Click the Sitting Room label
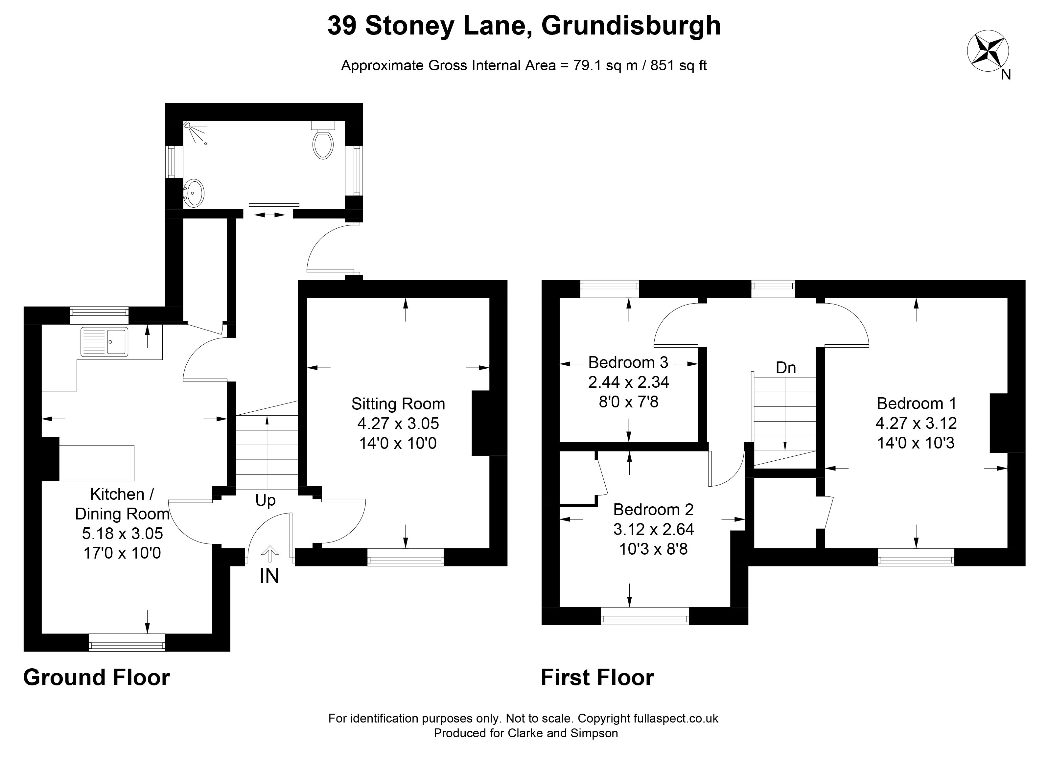pyautogui.click(x=398, y=404)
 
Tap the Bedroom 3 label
pyautogui.click(x=628, y=363)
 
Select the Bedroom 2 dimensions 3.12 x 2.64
pyautogui.click(x=653, y=529)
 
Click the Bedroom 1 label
pyautogui.click(x=916, y=404)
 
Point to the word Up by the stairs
pyautogui.click(x=265, y=501)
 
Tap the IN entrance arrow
pyautogui.click(x=270, y=554)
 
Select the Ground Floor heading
pyautogui.click(x=97, y=678)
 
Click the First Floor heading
pyautogui.click(x=597, y=678)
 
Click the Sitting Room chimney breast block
pyautogui.click(x=480, y=423)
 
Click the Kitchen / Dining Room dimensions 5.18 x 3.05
pyautogui.click(x=123, y=534)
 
